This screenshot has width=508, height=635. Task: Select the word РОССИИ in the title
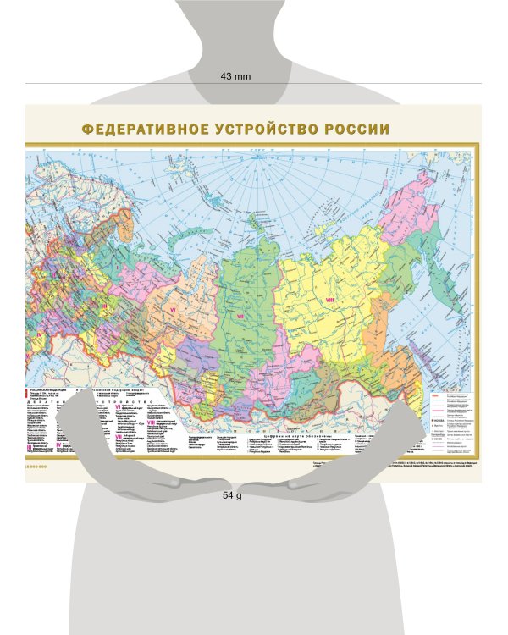356,130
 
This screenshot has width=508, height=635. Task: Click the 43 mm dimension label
236,76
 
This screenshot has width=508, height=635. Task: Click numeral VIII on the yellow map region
330,299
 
